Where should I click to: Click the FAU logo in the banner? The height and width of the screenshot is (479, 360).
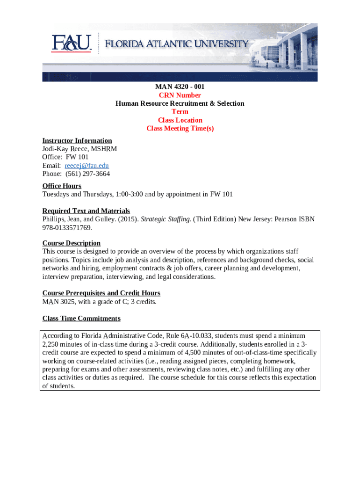point(72,44)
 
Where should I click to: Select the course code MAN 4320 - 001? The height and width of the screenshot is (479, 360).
point(180,87)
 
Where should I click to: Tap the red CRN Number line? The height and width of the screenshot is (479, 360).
point(180,95)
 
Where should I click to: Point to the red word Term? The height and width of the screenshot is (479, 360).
point(180,112)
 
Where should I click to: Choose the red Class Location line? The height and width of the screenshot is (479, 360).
point(180,120)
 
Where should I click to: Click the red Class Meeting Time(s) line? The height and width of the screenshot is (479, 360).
point(180,129)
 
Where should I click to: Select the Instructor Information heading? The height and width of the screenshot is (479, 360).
point(77,140)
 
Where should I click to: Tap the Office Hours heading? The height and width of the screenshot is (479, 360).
point(62,186)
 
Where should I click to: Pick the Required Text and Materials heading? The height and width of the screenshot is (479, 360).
point(86,211)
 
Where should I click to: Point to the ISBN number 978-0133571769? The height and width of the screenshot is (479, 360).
point(67,228)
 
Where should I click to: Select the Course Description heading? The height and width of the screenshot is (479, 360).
point(72,243)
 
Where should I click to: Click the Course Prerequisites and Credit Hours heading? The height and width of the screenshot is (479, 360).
point(101,293)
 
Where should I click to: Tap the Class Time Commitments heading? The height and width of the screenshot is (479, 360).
point(81,319)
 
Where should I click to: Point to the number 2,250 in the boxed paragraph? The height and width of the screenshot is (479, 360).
point(51,344)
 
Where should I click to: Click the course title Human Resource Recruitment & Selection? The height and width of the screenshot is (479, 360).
point(180,103)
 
